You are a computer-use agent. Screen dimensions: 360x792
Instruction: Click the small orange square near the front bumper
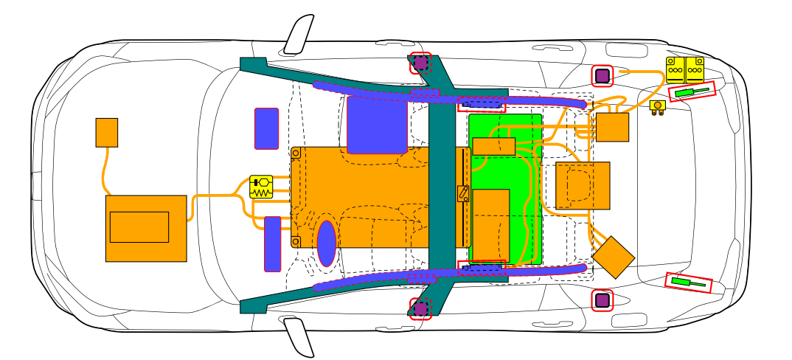click(x=107, y=132)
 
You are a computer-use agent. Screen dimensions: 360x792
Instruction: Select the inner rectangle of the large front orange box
click(x=139, y=226)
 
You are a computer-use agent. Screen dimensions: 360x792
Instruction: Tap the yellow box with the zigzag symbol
click(x=261, y=186)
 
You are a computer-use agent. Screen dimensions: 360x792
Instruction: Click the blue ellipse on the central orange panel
click(x=327, y=243)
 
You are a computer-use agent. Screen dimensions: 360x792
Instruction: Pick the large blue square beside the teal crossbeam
click(x=377, y=125)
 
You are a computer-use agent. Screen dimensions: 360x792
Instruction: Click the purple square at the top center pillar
click(x=420, y=63)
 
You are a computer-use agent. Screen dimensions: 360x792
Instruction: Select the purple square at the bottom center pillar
click(x=420, y=308)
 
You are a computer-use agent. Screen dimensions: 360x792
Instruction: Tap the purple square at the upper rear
click(x=602, y=75)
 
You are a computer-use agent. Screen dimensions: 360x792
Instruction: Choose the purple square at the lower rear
click(x=602, y=300)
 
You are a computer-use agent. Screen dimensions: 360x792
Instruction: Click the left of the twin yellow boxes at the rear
click(x=675, y=69)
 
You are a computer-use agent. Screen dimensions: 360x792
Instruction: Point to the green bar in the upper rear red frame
click(x=692, y=91)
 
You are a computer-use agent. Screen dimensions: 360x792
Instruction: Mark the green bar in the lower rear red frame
click(x=689, y=282)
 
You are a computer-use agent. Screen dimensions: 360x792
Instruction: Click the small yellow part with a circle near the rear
click(x=657, y=106)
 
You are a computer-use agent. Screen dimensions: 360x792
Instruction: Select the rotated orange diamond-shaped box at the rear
click(x=614, y=257)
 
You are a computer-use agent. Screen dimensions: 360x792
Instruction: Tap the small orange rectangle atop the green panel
click(x=493, y=146)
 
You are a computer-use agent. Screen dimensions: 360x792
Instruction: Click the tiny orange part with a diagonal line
click(x=463, y=193)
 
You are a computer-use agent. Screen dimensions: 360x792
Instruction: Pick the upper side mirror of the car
click(x=299, y=35)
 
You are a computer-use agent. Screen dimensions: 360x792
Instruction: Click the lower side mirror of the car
click(x=299, y=337)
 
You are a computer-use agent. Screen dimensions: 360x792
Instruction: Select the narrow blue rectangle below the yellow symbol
click(x=272, y=243)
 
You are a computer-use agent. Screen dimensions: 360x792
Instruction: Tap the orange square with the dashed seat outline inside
click(x=583, y=185)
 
